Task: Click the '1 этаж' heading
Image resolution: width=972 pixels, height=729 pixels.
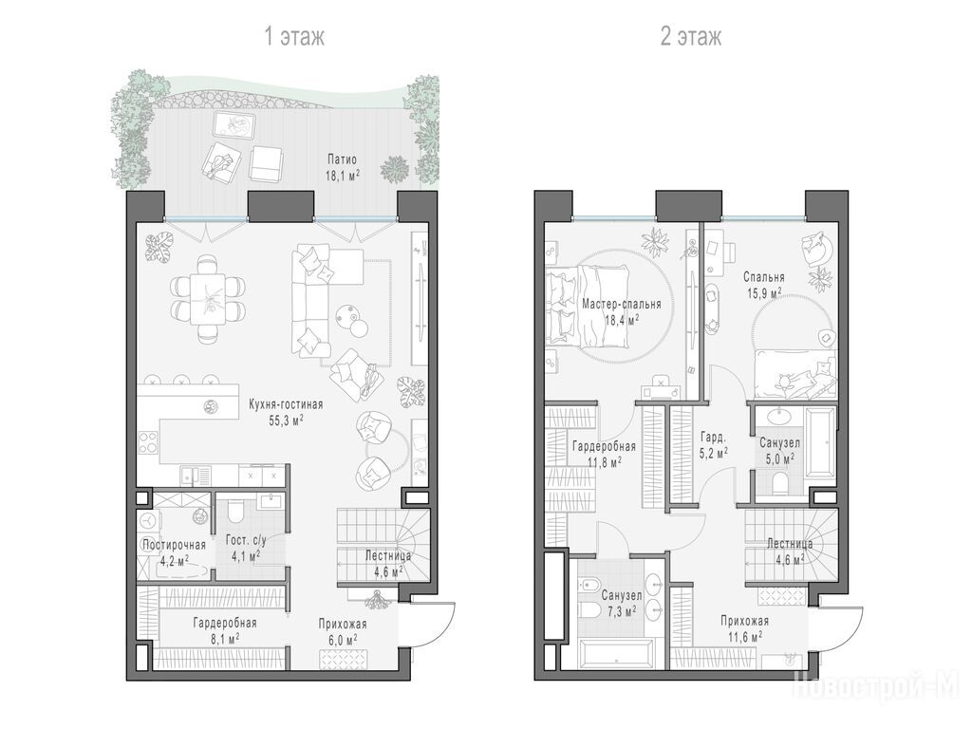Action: click(x=294, y=37)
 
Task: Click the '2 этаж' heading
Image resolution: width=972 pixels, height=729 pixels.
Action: click(x=691, y=37)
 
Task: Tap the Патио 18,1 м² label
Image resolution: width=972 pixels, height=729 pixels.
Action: click(x=343, y=167)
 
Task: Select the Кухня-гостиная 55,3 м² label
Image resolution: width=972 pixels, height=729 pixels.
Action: click(x=286, y=412)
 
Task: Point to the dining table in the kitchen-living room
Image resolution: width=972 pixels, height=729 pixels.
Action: click(x=209, y=299)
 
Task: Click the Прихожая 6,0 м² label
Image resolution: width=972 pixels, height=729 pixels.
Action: click(x=343, y=631)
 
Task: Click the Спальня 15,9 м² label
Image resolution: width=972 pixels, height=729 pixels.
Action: click(x=764, y=285)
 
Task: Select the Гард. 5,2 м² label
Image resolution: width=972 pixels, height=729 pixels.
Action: click(x=714, y=444)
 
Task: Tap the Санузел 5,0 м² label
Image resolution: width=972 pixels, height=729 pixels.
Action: click(x=779, y=451)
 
